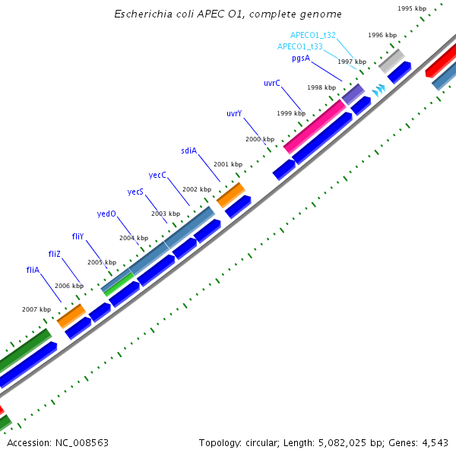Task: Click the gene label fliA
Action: [x=33, y=270]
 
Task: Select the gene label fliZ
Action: [x=54, y=252]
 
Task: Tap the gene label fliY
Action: [x=78, y=236]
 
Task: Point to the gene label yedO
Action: [x=106, y=214]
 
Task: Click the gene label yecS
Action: [x=135, y=192]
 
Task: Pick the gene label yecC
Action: [x=157, y=175]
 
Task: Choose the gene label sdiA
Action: [x=188, y=150]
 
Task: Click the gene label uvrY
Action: [x=234, y=113]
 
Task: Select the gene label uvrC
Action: [x=272, y=82]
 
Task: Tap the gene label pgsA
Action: [x=301, y=58]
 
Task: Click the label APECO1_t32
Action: [x=313, y=35]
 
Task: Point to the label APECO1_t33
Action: [x=300, y=46]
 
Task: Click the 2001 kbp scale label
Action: [x=228, y=164]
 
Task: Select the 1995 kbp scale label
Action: [x=412, y=8]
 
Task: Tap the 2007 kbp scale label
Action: [x=36, y=309]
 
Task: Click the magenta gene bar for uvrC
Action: [x=315, y=125]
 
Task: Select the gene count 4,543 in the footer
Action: [x=435, y=442]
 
